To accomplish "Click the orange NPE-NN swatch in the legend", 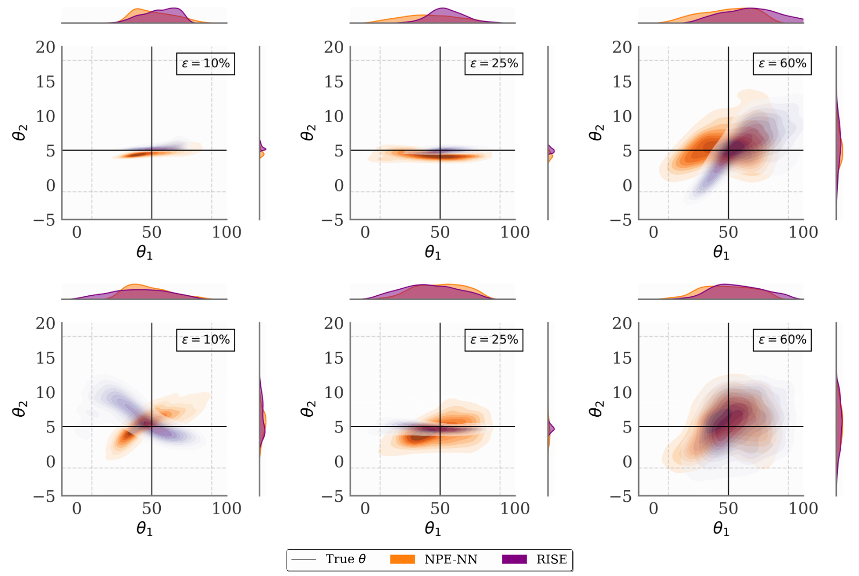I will click(x=402, y=559).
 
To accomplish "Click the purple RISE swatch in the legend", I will click(x=514, y=559).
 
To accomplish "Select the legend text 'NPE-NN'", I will click(x=451, y=559).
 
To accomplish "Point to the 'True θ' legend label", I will click(x=345, y=559).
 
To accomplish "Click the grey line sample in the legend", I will click(x=303, y=559).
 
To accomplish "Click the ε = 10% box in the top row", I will click(x=205, y=63).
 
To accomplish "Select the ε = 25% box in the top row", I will click(x=494, y=63).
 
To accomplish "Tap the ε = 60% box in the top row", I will click(x=782, y=63).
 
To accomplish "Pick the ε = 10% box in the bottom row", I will click(x=205, y=340).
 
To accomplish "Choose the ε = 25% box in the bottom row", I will click(x=494, y=340).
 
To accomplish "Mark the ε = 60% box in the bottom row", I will click(x=782, y=340).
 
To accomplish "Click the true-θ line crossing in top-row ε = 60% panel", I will click(x=728, y=150).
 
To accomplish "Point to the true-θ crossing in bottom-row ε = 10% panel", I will click(x=152, y=426).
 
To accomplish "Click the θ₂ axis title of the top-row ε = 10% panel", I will click(x=19, y=132).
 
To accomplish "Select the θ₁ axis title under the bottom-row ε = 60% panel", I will click(x=721, y=529).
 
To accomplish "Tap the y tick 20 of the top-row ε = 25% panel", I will click(x=333, y=47).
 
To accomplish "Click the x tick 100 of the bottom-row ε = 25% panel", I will click(x=515, y=508).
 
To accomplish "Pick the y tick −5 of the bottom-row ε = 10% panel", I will click(x=45, y=496).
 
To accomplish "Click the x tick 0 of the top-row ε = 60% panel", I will click(x=654, y=232).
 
